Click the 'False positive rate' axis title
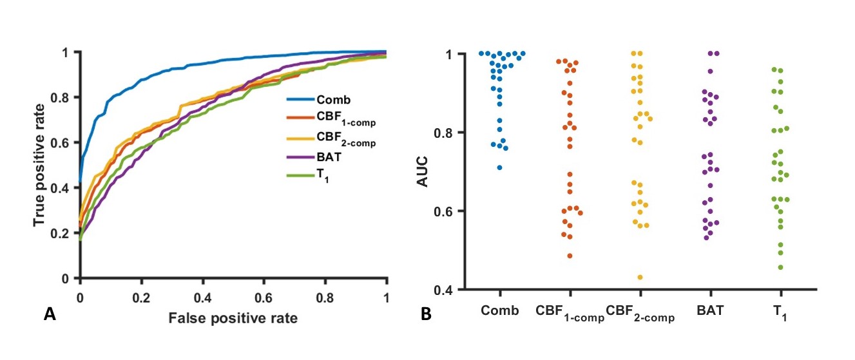[x=233, y=317]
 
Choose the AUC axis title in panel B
[x=423, y=171]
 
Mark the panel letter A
[x=48, y=315]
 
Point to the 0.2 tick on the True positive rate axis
[x=66, y=233]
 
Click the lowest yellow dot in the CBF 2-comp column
[x=640, y=278]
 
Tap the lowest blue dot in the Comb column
[x=499, y=167]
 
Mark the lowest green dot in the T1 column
[x=781, y=267]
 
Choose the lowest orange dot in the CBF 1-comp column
[x=570, y=256]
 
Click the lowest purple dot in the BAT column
[x=707, y=238]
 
